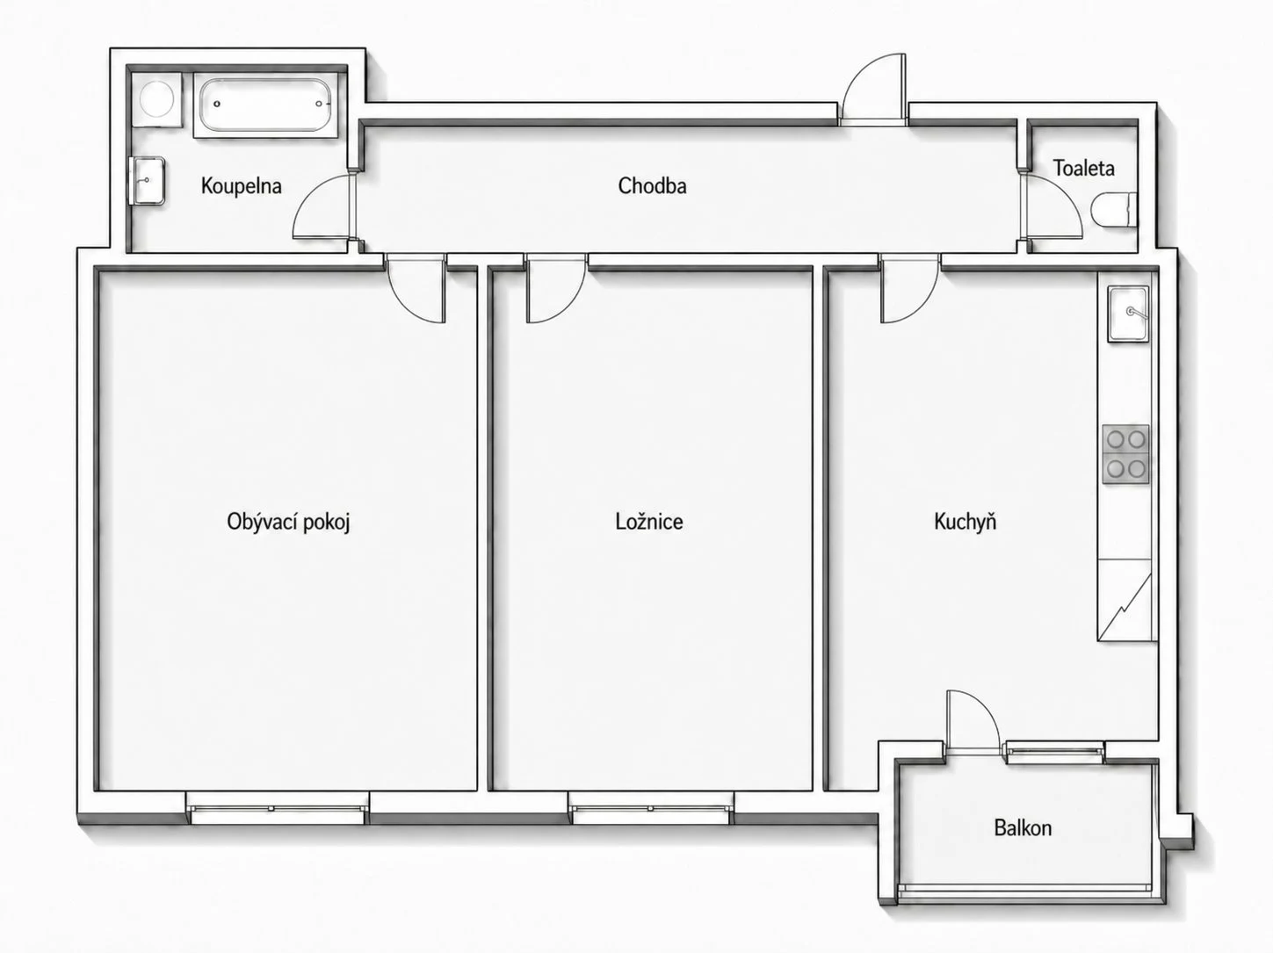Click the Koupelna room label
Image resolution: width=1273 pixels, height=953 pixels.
tap(242, 187)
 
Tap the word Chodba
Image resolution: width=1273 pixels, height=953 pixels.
tap(652, 186)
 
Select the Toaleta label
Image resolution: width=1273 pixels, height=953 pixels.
tap(1083, 168)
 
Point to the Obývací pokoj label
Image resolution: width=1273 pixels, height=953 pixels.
tap(288, 523)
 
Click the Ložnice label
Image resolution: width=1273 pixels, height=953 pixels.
tap(649, 522)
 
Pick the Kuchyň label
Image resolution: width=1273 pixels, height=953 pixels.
tap(965, 521)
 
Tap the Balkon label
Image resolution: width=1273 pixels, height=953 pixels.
tap(1023, 827)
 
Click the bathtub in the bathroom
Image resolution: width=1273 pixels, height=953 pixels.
tap(265, 105)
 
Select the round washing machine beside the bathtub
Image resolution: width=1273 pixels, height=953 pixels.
tap(156, 98)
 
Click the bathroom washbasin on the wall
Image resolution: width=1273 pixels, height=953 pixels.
tap(148, 180)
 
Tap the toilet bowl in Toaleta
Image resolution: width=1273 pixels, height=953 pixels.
tap(1113, 210)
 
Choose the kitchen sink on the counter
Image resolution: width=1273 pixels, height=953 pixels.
tap(1128, 314)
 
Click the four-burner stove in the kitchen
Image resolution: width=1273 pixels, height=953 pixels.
tap(1125, 454)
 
